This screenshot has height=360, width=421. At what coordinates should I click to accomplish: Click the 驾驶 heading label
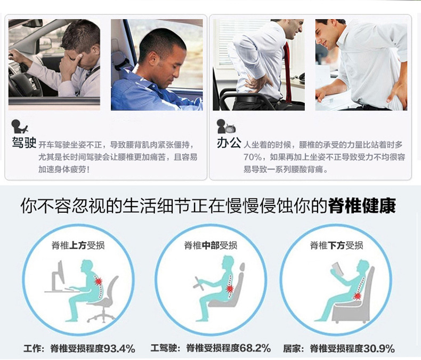pyautogui.click(x=24, y=143)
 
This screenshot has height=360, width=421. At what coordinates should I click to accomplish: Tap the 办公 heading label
pyautogui.click(x=229, y=143)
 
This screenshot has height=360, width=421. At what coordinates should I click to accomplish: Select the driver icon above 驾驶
pyautogui.click(x=20, y=126)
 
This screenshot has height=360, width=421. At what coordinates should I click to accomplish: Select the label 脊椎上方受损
pyautogui.click(x=77, y=245)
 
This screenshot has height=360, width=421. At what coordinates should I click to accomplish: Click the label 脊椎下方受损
pyautogui.click(x=336, y=245)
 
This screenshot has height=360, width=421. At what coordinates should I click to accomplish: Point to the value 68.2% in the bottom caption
pyautogui.click(x=255, y=349)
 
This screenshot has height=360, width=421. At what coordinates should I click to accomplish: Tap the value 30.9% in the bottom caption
pyautogui.click(x=379, y=349)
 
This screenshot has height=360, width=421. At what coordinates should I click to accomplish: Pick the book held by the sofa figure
pyautogui.click(x=337, y=271)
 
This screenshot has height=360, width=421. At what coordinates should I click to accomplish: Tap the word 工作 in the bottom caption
pyautogui.click(x=34, y=349)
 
